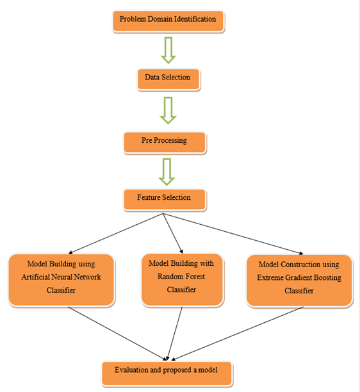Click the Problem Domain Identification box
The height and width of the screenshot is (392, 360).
point(168,20)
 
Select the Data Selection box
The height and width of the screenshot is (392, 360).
point(168,78)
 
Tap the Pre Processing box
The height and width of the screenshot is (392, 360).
point(165,142)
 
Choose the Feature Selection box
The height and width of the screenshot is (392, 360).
point(165,199)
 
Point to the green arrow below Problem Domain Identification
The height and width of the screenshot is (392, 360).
point(168,49)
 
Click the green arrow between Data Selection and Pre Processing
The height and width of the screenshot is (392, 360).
point(168,110)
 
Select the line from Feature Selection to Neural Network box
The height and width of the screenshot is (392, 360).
point(115,233)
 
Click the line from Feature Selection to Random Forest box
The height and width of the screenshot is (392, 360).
point(172,232)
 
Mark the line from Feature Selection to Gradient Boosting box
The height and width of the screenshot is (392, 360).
point(231,233)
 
